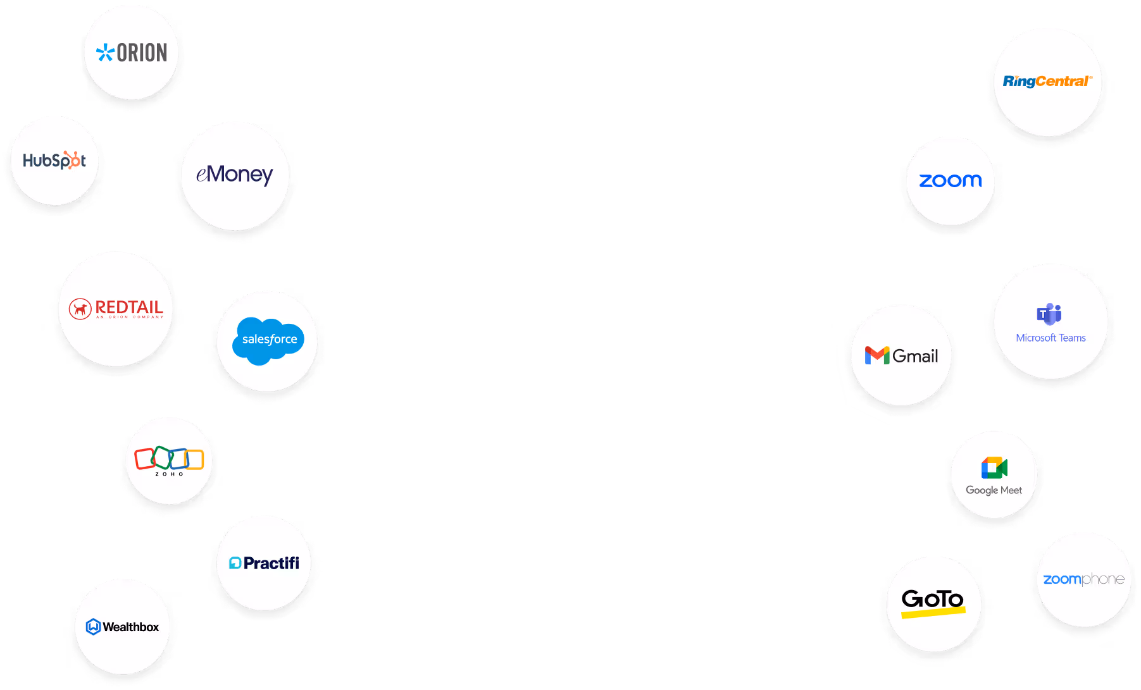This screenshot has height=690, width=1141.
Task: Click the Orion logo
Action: [132, 52]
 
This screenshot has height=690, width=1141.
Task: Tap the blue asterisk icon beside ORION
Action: [105, 52]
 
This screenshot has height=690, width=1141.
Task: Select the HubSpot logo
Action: [54, 161]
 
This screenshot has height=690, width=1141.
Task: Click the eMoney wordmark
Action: [235, 175]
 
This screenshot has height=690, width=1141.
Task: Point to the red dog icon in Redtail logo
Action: [80, 309]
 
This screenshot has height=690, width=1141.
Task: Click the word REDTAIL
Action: [129, 307]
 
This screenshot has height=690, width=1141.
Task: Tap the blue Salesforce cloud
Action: [269, 340]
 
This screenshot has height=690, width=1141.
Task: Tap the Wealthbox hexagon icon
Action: [93, 627]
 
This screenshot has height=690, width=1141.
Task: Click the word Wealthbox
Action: [131, 627]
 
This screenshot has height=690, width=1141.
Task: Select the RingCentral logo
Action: [1047, 81]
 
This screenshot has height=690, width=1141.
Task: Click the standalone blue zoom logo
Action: [951, 181]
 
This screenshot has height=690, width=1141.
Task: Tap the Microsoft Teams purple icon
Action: [1049, 314]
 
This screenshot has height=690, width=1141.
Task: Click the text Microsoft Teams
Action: [1051, 338]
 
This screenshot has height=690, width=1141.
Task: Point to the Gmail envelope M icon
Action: [877, 355]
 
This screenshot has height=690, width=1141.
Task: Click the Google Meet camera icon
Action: [994, 468]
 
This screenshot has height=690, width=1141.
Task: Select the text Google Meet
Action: [994, 490]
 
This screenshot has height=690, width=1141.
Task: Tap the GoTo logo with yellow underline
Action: [933, 601]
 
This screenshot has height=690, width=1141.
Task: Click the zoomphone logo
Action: [1083, 579]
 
